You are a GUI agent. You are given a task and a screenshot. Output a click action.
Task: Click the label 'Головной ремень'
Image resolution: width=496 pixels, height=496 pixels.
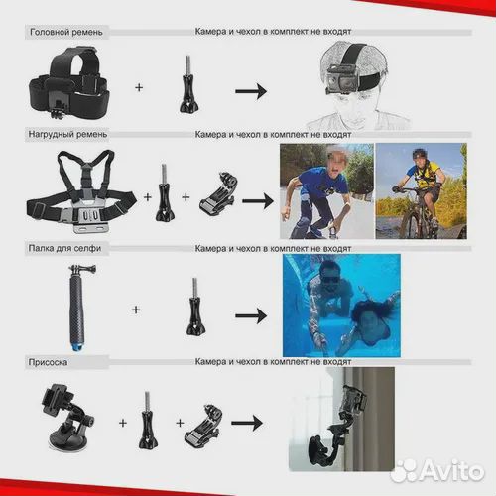click(66, 32)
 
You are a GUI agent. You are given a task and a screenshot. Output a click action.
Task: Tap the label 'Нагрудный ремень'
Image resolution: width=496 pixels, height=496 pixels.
click(67, 134)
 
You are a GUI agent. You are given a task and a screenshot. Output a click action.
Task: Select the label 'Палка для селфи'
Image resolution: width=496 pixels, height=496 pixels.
click(64, 248)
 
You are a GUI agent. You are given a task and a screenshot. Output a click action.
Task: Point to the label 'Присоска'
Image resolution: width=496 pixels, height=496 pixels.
click(48, 362)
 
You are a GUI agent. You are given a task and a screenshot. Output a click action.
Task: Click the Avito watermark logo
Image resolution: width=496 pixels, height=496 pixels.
click(437, 470)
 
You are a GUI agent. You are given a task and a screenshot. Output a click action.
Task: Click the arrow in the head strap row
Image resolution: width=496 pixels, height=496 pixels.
click(251, 91)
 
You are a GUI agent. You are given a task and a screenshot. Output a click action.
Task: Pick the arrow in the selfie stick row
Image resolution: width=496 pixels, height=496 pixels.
click(251, 315)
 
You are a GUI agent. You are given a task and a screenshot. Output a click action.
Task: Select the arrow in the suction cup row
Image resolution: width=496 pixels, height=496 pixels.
click(247, 423)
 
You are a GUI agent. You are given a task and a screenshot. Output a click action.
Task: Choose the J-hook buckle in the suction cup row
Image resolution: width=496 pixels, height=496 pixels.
click(203, 427)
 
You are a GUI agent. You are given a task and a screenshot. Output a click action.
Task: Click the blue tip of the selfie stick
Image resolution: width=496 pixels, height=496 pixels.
click(76, 346)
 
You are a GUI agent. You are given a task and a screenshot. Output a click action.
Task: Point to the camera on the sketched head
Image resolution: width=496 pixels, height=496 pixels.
click(338, 81)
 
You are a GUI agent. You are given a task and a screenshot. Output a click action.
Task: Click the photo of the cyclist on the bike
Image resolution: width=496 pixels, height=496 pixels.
click(422, 190)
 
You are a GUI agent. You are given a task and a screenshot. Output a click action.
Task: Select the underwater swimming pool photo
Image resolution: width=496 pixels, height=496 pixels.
click(341, 306)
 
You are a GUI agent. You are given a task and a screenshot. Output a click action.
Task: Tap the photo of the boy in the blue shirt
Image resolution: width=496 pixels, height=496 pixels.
click(326, 190)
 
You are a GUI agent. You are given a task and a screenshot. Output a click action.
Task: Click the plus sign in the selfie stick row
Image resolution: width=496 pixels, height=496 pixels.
click(136, 310)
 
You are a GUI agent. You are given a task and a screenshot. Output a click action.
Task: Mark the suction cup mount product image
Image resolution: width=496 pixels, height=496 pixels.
click(67, 417)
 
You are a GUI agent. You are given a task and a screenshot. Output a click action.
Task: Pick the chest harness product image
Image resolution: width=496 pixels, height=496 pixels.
click(81, 191)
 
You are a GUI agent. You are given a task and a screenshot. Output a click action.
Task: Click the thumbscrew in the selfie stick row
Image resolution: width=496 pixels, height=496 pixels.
click(195, 307)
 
